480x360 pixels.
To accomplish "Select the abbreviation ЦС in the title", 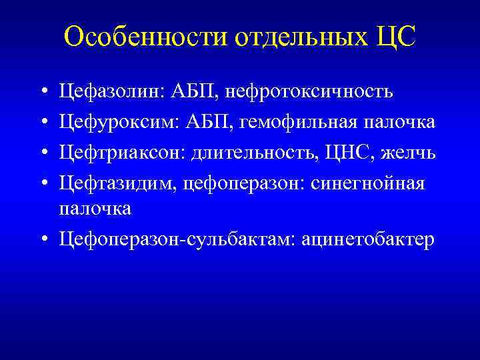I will tap(394, 38).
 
